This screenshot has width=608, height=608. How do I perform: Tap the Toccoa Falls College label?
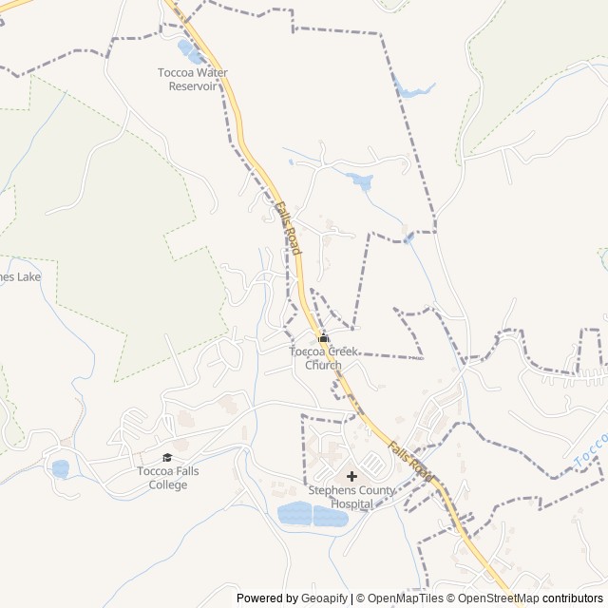coord(161,478)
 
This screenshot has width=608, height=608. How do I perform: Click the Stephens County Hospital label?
coord(351,496)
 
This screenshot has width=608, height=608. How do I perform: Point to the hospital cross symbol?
coord(351,476)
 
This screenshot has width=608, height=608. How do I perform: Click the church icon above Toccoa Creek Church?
coord(323,337)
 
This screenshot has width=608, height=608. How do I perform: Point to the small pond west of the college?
coord(60,468)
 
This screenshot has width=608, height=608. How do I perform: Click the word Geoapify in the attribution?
coord(324,598)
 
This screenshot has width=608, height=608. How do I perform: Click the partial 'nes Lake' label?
coord(20,277)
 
